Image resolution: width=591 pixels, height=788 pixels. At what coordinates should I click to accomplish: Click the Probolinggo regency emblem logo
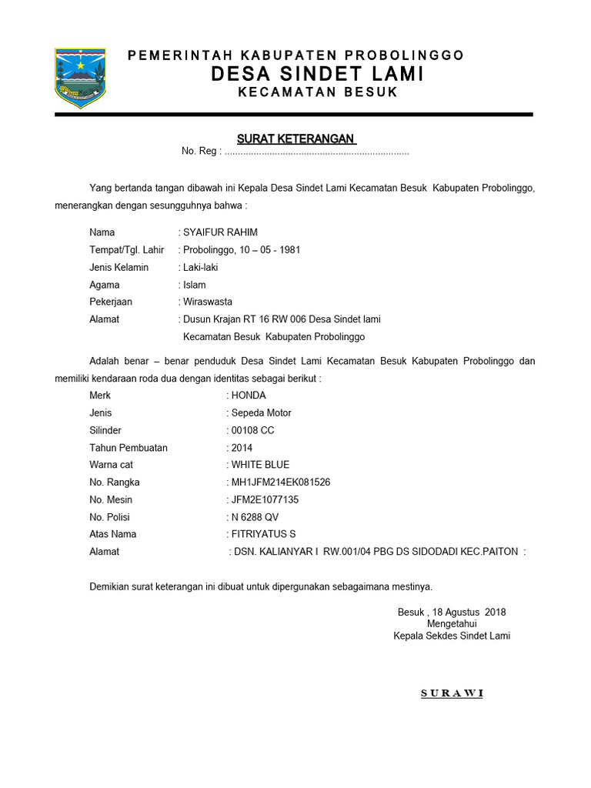click(x=80, y=78)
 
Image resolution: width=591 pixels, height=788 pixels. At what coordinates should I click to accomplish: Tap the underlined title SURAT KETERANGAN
click(x=295, y=139)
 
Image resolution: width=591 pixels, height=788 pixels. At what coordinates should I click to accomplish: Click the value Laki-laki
click(x=200, y=267)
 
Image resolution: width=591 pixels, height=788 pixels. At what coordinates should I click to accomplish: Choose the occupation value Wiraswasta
click(x=207, y=302)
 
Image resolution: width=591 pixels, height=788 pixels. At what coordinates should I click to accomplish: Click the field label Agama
click(x=105, y=285)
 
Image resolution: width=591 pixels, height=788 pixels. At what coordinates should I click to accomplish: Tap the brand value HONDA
click(x=249, y=396)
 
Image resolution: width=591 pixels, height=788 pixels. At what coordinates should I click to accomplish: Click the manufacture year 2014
click(x=242, y=448)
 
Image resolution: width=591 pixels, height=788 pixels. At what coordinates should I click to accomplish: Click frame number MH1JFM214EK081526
click(x=281, y=482)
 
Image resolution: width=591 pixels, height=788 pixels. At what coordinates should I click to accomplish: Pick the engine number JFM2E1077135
click(x=265, y=499)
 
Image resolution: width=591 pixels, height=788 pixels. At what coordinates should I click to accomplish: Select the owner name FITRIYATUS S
click(x=263, y=534)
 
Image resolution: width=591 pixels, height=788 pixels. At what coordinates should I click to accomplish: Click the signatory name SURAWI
click(x=452, y=693)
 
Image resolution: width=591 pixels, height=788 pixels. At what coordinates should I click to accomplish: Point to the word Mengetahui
click(x=452, y=624)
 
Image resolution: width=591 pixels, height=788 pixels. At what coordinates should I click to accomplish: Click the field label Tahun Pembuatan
click(x=128, y=448)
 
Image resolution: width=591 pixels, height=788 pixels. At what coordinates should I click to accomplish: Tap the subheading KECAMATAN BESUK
click(x=317, y=92)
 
